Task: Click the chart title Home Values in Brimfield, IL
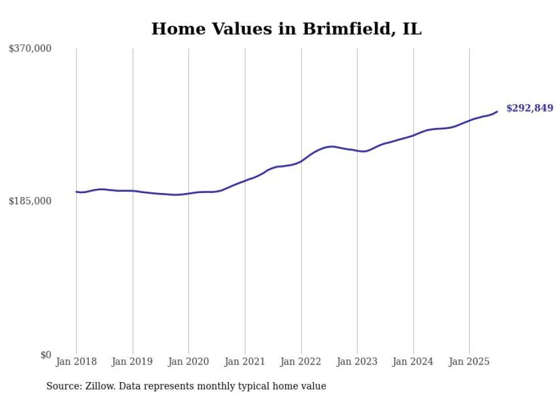(x=286, y=29)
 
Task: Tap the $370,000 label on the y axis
(x=30, y=49)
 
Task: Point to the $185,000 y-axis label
(x=30, y=201)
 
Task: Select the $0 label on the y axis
(x=46, y=355)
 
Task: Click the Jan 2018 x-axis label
(x=76, y=362)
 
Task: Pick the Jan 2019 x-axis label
(x=133, y=362)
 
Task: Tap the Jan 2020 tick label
(x=188, y=362)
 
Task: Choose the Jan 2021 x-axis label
(x=245, y=362)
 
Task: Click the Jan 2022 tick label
(x=301, y=362)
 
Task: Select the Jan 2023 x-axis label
(x=357, y=362)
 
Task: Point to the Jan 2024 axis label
(x=413, y=362)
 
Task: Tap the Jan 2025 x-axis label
(x=469, y=362)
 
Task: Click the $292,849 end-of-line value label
(x=530, y=108)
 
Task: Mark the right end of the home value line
(x=497, y=112)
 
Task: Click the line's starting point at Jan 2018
(x=76, y=192)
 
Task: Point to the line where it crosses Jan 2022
(x=301, y=161)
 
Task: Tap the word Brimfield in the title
(x=332, y=29)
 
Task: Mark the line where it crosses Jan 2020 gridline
(x=188, y=194)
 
